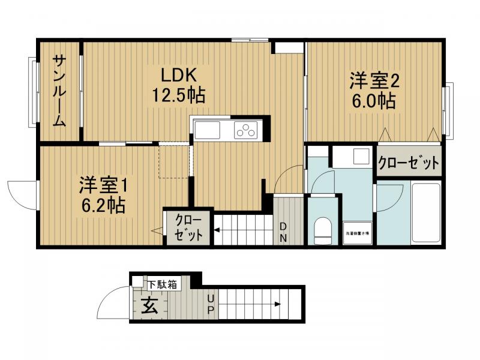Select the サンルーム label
point(59,91)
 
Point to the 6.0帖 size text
point(374,100)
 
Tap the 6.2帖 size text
point(103,206)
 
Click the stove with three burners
point(246,130)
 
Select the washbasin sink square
point(362,157)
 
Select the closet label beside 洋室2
point(408,163)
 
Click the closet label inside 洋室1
point(188,227)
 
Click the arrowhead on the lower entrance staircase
point(277,304)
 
